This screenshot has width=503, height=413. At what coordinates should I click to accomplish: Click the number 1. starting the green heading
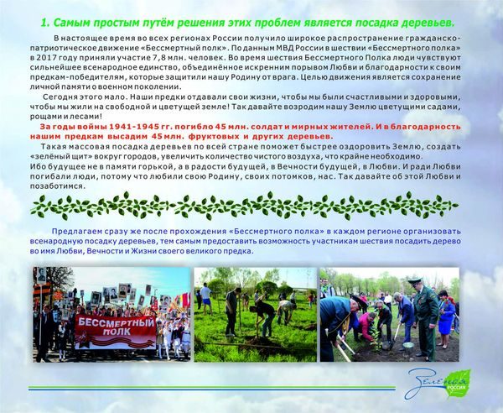click(45, 24)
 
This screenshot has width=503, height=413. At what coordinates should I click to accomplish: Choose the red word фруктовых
click(214, 136)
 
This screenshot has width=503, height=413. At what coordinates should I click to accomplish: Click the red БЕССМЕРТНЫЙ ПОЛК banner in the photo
click(115, 332)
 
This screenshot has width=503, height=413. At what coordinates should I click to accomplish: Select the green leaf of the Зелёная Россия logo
click(458, 384)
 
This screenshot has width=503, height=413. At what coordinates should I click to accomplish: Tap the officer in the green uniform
click(424, 319)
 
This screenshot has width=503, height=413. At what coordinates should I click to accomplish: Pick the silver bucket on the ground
click(408, 345)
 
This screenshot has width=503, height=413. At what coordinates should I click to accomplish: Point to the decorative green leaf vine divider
click(245, 206)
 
